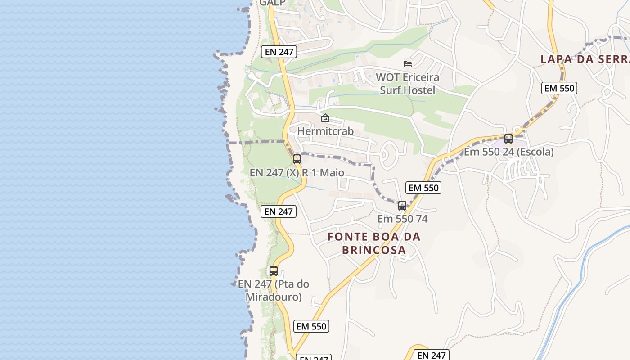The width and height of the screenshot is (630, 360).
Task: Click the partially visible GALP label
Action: pos(272,3)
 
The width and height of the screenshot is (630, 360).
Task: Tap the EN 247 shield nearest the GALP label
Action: pos(279,52)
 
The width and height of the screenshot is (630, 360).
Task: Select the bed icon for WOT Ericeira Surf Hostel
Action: pos(408,64)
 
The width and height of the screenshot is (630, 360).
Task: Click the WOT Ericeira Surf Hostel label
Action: pos(408,84)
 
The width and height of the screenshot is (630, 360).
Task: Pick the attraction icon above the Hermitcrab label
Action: pos(325,118)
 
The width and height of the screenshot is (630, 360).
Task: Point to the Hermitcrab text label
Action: pos(325,131)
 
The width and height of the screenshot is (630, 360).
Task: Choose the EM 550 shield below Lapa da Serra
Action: pos(559,88)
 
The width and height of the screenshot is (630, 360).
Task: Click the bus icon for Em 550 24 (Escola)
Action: pos(508,139)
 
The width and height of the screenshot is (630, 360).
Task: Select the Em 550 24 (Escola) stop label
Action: pos(508,152)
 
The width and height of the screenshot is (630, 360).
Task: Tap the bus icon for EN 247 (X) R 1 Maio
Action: pos(297,159)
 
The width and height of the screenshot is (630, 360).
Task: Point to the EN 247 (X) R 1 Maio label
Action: pos(297,173)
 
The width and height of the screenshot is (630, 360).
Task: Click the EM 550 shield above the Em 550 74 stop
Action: pos(423,188)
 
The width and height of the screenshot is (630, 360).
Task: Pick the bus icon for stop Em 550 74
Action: pos(402,206)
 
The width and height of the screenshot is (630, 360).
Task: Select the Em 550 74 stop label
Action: pos(402,219)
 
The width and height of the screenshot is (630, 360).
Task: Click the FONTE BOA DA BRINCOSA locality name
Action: pos(374,243)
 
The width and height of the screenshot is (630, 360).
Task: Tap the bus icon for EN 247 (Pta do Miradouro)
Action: pos(274,271)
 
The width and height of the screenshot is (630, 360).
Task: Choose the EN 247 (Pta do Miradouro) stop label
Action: pos(274,290)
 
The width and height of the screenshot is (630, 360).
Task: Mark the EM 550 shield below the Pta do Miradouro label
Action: pos(311,326)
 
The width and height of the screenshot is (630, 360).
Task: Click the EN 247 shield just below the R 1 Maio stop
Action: pos(279,211)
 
